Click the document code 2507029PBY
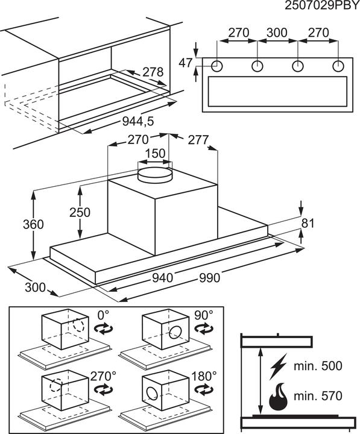tap(322, 5)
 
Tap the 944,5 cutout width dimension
tap(138, 121)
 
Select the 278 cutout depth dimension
tap(153, 72)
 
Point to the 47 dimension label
tap(185, 63)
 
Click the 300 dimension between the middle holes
tap(277, 33)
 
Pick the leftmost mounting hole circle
tap(217, 66)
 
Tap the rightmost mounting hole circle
tap(338, 66)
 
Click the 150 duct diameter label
tap(155, 153)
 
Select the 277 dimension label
tap(198, 140)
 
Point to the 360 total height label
tap(33, 224)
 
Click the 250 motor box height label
tap(80, 212)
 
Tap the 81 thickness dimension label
tap(308, 224)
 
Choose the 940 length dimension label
tap(163, 278)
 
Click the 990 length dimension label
tap(210, 278)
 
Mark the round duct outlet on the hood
tap(155, 175)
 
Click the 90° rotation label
tap(204, 315)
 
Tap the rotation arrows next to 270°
tap(103, 390)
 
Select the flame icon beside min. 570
tap(278, 397)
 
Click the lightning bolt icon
tap(278, 366)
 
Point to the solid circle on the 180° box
tap(152, 394)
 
